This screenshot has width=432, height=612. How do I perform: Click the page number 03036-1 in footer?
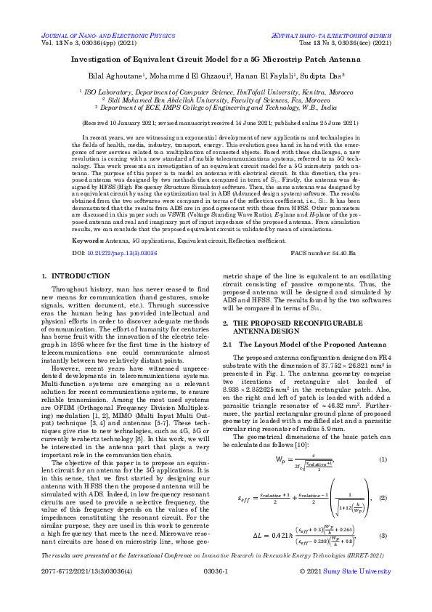(x=216, y=592)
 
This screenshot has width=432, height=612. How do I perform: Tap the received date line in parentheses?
(x=216, y=124)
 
